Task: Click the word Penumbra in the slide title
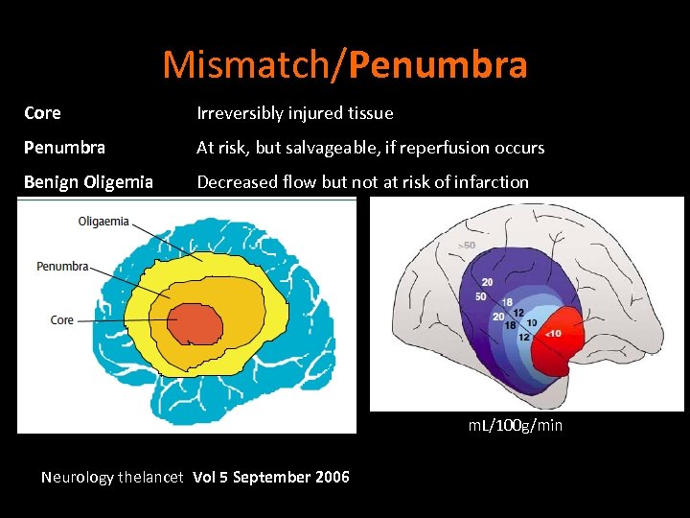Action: [x=439, y=65]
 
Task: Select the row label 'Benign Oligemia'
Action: [x=88, y=181]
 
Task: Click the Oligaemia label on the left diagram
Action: [x=104, y=222]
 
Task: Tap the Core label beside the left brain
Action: [x=62, y=320]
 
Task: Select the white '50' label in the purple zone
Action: [x=480, y=296]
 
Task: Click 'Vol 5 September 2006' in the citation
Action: [x=271, y=477]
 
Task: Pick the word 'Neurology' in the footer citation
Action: [x=78, y=477]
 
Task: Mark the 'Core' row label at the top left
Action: [x=42, y=113]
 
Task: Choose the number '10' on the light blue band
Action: [x=531, y=322]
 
